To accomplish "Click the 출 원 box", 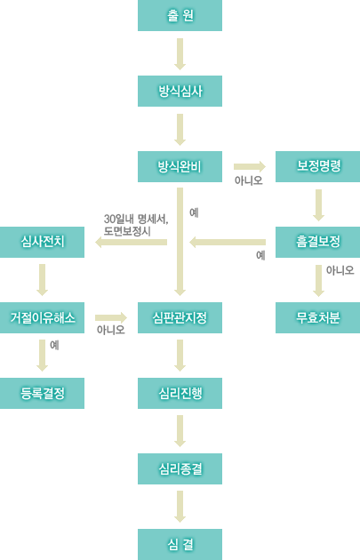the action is click(x=180, y=15).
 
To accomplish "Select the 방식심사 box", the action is click(x=180, y=91).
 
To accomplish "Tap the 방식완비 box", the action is click(x=180, y=166).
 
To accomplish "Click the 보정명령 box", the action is click(x=318, y=166).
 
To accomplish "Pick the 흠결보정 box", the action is click(x=318, y=242).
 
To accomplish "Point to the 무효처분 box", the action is click(x=318, y=318).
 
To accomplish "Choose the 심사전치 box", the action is click(x=42, y=242).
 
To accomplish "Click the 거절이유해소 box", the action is click(x=42, y=318).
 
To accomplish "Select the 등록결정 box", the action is click(x=42, y=393).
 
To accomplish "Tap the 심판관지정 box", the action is click(x=180, y=318).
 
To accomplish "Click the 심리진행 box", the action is click(x=180, y=393).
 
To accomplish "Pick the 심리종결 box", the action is click(x=180, y=469).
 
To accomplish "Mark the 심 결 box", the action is click(x=180, y=544).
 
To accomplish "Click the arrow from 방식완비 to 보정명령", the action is click(x=250, y=166).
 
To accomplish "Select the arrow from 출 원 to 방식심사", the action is click(x=180, y=54).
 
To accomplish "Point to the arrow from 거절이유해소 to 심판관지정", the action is click(x=111, y=317).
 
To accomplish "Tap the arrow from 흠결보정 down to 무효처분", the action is click(x=318, y=281).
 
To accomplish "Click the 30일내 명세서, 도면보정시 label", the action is click(x=136, y=225).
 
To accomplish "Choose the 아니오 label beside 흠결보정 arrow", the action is click(x=340, y=270).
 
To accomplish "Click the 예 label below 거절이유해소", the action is click(x=54, y=345).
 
